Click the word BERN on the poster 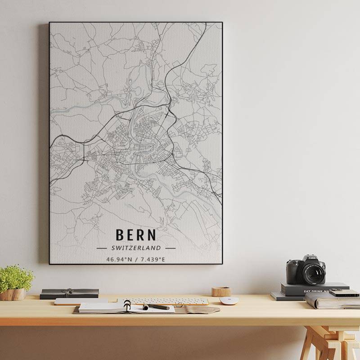pos(136,235)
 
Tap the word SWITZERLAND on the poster pos(136,248)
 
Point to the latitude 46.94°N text pos(120,259)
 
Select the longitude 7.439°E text pos(153,259)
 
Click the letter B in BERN pos(120,235)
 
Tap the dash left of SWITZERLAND pos(102,248)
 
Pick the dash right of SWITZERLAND pos(170,248)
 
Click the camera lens pos(313,273)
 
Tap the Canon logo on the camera pos(312,258)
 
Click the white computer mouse pos(229,301)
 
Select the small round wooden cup pos(221,292)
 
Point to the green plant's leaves pos(16,277)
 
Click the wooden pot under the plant pos(13,294)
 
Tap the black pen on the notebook pos(157,307)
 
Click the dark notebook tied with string pos(69,293)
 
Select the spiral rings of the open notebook pos(127,306)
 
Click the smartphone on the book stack pos(344,293)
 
